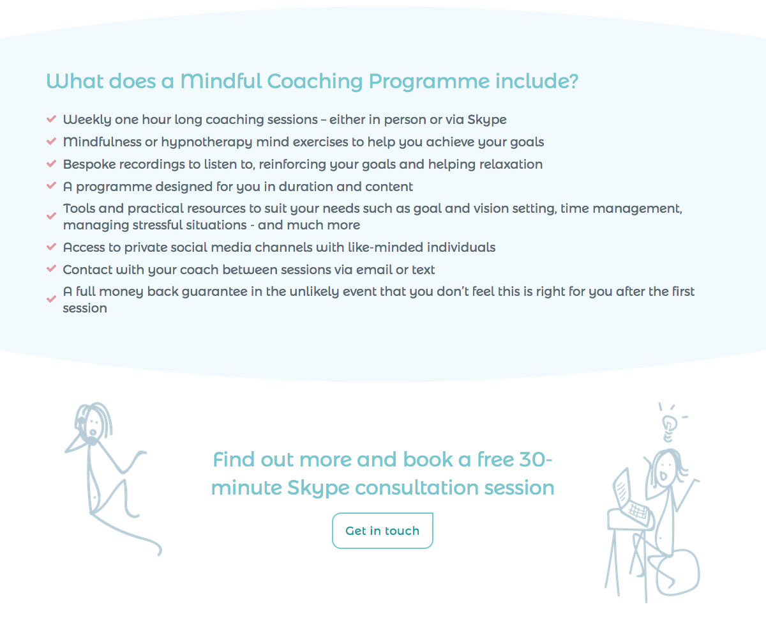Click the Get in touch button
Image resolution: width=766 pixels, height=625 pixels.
click(x=382, y=530)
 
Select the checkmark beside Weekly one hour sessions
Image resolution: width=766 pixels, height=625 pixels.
click(x=52, y=119)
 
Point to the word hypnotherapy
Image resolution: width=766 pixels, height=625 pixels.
click(x=206, y=143)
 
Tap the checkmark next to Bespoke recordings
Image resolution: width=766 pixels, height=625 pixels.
click(x=52, y=164)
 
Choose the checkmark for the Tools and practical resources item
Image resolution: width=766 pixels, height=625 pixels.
click(x=52, y=215)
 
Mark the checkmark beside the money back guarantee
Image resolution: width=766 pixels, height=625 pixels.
click(x=52, y=299)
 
